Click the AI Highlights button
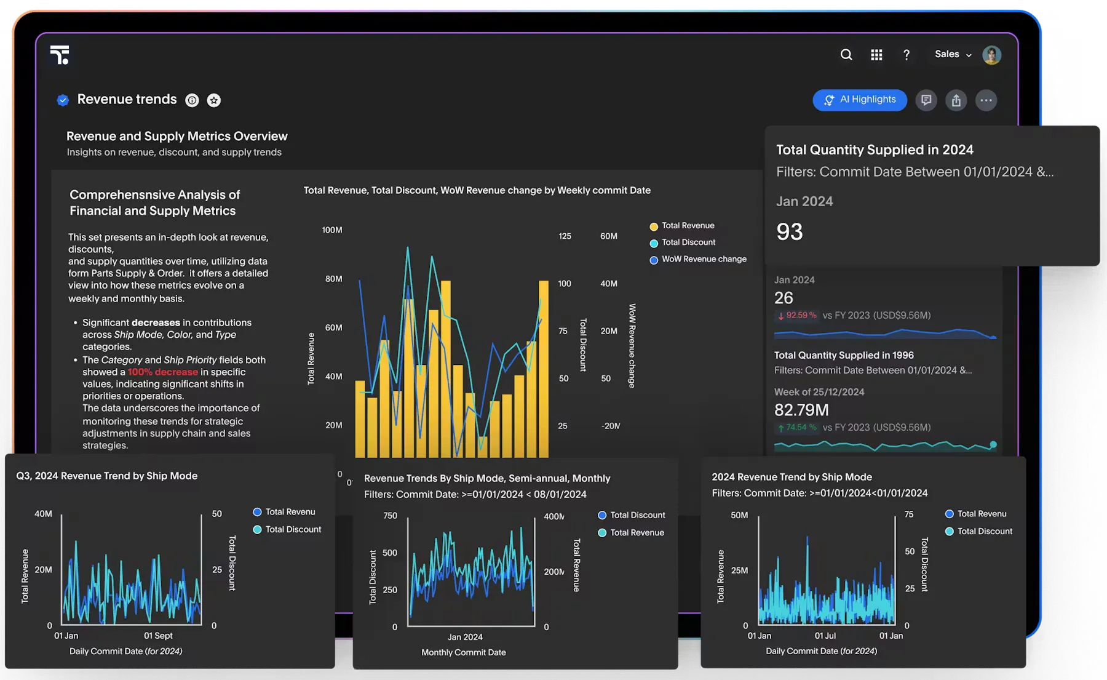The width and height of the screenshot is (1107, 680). [x=860, y=100]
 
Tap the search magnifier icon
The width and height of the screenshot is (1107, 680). [x=846, y=55]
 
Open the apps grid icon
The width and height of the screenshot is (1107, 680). [x=876, y=55]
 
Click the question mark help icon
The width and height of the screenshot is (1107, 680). [x=906, y=55]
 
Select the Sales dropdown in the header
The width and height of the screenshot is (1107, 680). [x=953, y=54]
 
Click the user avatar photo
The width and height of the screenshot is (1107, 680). [x=991, y=55]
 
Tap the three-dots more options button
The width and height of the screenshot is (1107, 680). [x=986, y=100]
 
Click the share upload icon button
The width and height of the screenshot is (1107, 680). [x=956, y=100]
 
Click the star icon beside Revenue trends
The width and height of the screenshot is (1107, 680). [x=213, y=100]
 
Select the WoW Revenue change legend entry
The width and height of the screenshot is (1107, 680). [x=704, y=259]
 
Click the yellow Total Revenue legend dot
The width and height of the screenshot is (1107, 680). [x=654, y=226]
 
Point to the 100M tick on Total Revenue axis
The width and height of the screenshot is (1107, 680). [x=332, y=230]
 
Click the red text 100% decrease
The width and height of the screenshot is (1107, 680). [x=163, y=372]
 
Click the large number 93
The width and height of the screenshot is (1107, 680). [x=790, y=232]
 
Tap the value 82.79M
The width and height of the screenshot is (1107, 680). [x=801, y=410]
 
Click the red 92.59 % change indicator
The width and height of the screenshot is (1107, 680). [x=798, y=315]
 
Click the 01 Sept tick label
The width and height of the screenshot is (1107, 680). [x=158, y=636]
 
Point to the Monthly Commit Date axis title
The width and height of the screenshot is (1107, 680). [x=463, y=652]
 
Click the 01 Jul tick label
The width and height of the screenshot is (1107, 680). [x=825, y=636]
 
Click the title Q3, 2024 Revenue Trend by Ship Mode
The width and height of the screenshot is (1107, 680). [x=107, y=476]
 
